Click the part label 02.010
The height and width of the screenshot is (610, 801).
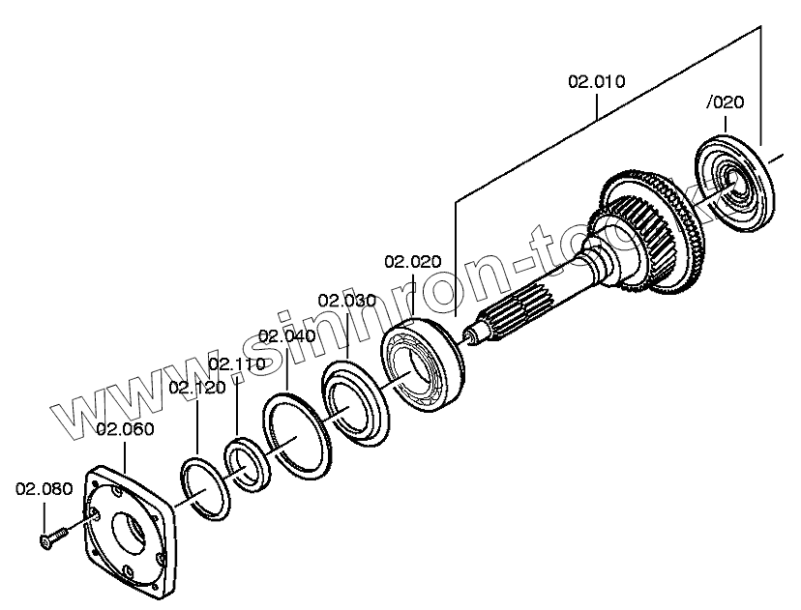[x=596, y=81]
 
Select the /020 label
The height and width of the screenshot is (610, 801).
[x=726, y=102]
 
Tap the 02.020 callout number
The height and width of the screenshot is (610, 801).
[x=413, y=261]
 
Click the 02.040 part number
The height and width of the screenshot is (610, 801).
[x=287, y=335]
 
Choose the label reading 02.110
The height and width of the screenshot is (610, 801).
[x=237, y=364]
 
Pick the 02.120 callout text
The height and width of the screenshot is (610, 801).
[x=196, y=387]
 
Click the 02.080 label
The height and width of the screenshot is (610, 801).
[x=44, y=488]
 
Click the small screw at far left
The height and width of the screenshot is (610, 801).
[x=53, y=537]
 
